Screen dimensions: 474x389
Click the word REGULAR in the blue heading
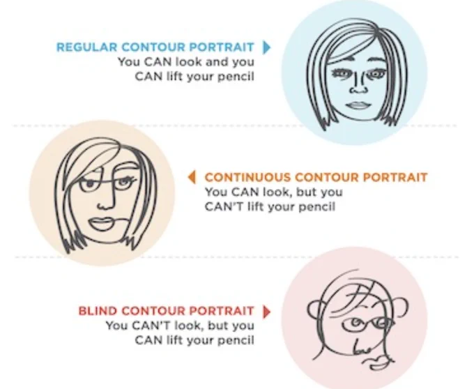(x=86, y=47)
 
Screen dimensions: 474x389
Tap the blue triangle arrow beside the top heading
(x=266, y=47)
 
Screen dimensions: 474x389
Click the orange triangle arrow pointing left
(x=192, y=177)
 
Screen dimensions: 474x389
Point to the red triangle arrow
(x=266, y=312)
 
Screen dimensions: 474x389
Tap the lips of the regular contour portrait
(x=358, y=105)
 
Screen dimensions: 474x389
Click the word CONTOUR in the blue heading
(x=153, y=47)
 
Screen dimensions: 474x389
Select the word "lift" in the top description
(x=176, y=77)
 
